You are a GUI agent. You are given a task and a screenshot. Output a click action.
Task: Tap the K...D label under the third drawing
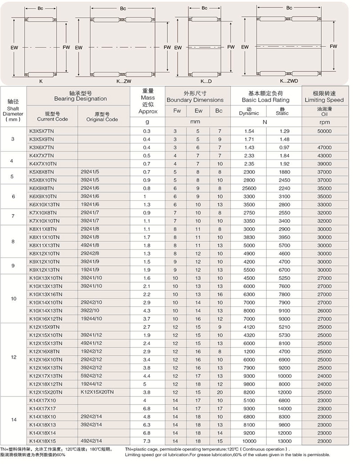click(206, 81)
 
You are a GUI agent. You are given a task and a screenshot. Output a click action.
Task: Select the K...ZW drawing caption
click(123, 81)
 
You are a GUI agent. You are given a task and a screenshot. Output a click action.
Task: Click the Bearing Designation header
click(80, 96)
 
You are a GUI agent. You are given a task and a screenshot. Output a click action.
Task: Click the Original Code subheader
click(102, 117)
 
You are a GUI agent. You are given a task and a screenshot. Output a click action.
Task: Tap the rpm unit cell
click(324, 122)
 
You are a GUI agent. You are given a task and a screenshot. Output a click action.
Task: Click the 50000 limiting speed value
click(324, 131)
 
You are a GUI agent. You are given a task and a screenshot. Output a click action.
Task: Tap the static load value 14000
click(284, 409)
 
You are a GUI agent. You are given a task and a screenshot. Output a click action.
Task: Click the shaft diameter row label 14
click(13, 420)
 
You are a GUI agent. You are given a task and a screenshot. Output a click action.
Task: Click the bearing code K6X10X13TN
click(43, 204)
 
